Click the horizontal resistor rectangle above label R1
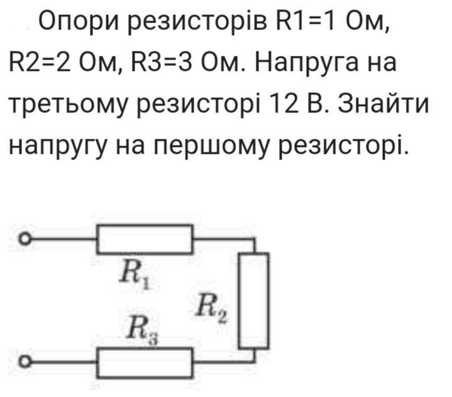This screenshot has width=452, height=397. pyautogui.click(x=144, y=239)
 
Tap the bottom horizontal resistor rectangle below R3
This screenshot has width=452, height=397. pyautogui.click(x=144, y=361)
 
